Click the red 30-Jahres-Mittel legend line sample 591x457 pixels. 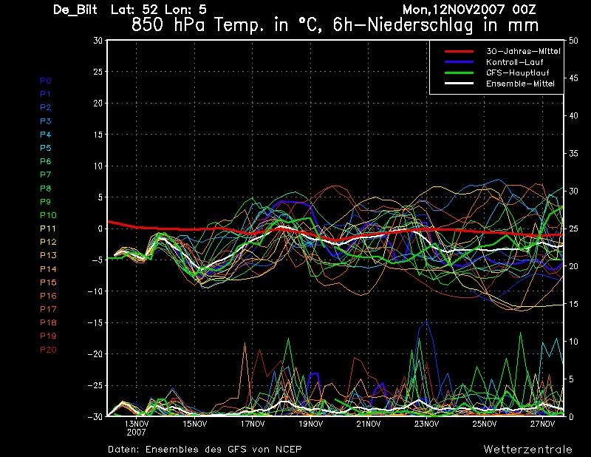459,51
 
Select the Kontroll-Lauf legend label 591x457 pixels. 515,62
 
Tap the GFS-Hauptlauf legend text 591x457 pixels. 518,72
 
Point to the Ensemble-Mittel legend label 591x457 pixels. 521,84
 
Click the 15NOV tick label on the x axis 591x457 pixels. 195,424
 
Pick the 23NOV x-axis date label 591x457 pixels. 427,424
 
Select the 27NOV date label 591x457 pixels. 542,424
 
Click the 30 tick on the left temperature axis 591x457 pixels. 98,40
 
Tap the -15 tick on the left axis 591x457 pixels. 95,322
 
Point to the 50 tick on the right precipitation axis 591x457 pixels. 573,41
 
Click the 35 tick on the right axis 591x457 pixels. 573,154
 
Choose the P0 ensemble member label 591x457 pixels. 46,81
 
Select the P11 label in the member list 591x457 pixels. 48,228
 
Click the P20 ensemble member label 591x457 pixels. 48,350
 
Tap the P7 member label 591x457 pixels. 46,175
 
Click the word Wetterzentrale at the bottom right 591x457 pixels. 528,449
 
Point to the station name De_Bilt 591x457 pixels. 75,10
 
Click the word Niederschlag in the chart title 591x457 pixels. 420,25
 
